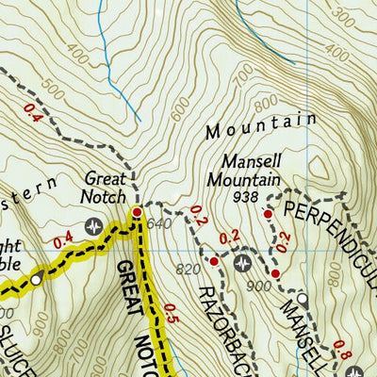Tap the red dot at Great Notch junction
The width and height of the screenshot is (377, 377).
tap(138, 213)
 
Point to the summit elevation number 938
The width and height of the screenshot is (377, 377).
tap(247, 196)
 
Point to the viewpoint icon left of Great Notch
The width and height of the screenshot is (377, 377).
tap(93, 225)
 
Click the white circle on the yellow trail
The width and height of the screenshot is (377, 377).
tap(36, 280)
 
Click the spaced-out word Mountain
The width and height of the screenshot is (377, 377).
tap(259, 125)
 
